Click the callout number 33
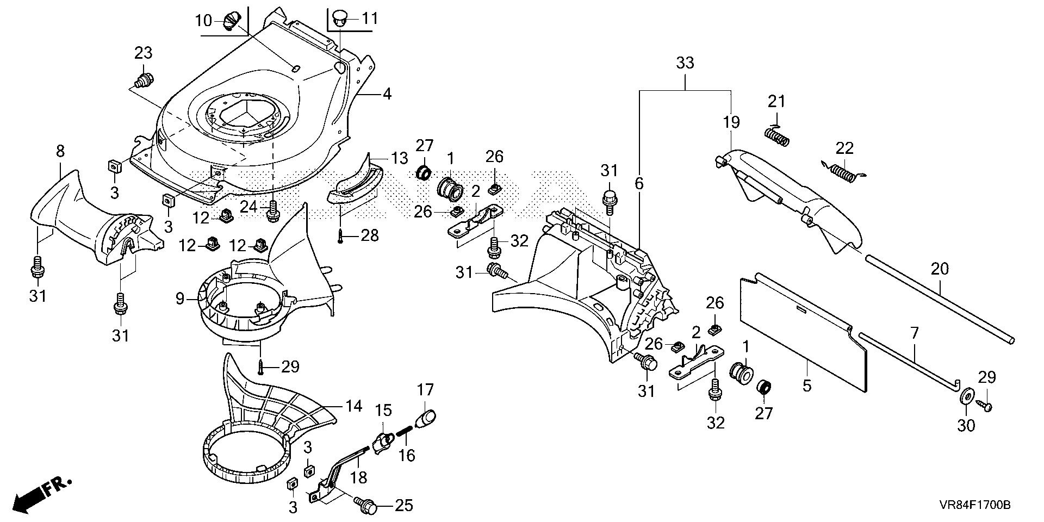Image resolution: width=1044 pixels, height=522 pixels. point(685,63)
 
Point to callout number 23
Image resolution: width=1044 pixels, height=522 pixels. point(143,53)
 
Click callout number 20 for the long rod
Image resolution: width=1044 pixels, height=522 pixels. point(940,269)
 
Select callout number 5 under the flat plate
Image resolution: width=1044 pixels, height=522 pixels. point(806,386)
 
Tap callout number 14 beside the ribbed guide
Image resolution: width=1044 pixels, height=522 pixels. point(354,406)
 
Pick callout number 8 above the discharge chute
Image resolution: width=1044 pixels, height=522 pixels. point(60,153)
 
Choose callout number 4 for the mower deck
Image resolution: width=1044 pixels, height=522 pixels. point(386,94)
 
